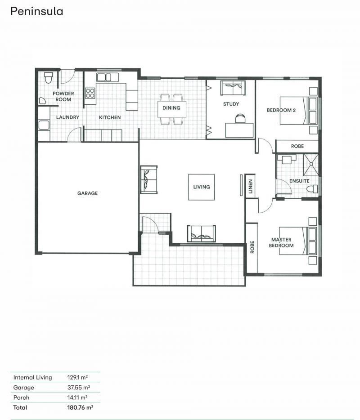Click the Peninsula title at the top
36,11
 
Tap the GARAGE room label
87,193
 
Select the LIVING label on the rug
201,187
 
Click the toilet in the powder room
49,78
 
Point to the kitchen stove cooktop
90,93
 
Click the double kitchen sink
104,77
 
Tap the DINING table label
171,108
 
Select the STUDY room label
231,104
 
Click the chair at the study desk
240,118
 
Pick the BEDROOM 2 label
281,110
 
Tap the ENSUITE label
299,181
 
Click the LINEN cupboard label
251,187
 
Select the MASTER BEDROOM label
282,242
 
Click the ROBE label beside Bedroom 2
297,146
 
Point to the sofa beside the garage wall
149,179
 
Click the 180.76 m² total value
80,407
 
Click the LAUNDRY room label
67,117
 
